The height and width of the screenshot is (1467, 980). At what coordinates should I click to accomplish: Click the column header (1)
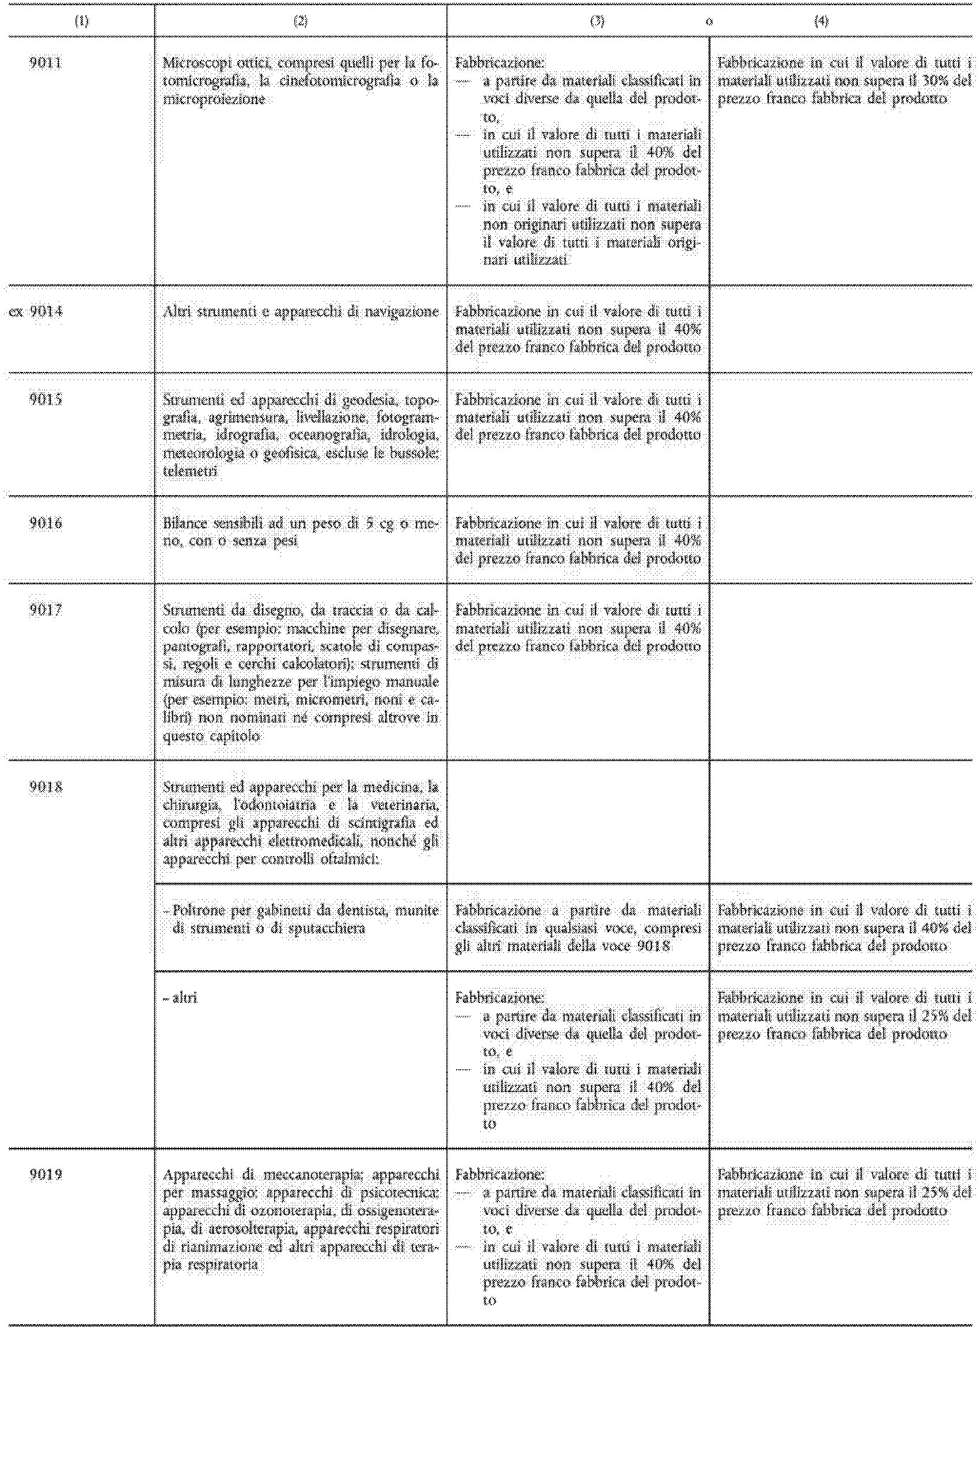81,21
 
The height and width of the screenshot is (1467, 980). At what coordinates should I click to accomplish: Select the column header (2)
300,21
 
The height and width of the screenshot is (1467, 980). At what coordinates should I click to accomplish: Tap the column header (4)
821,21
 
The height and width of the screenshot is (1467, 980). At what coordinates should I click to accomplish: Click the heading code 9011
45,63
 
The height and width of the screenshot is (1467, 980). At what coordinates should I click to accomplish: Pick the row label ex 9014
36,311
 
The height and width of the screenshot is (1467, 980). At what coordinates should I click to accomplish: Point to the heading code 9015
45,398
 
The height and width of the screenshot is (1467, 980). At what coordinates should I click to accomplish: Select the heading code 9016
45,523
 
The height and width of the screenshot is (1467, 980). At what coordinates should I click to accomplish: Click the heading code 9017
45,610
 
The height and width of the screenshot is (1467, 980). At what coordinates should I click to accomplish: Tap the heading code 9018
45,786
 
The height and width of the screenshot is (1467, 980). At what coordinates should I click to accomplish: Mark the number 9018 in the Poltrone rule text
654,946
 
